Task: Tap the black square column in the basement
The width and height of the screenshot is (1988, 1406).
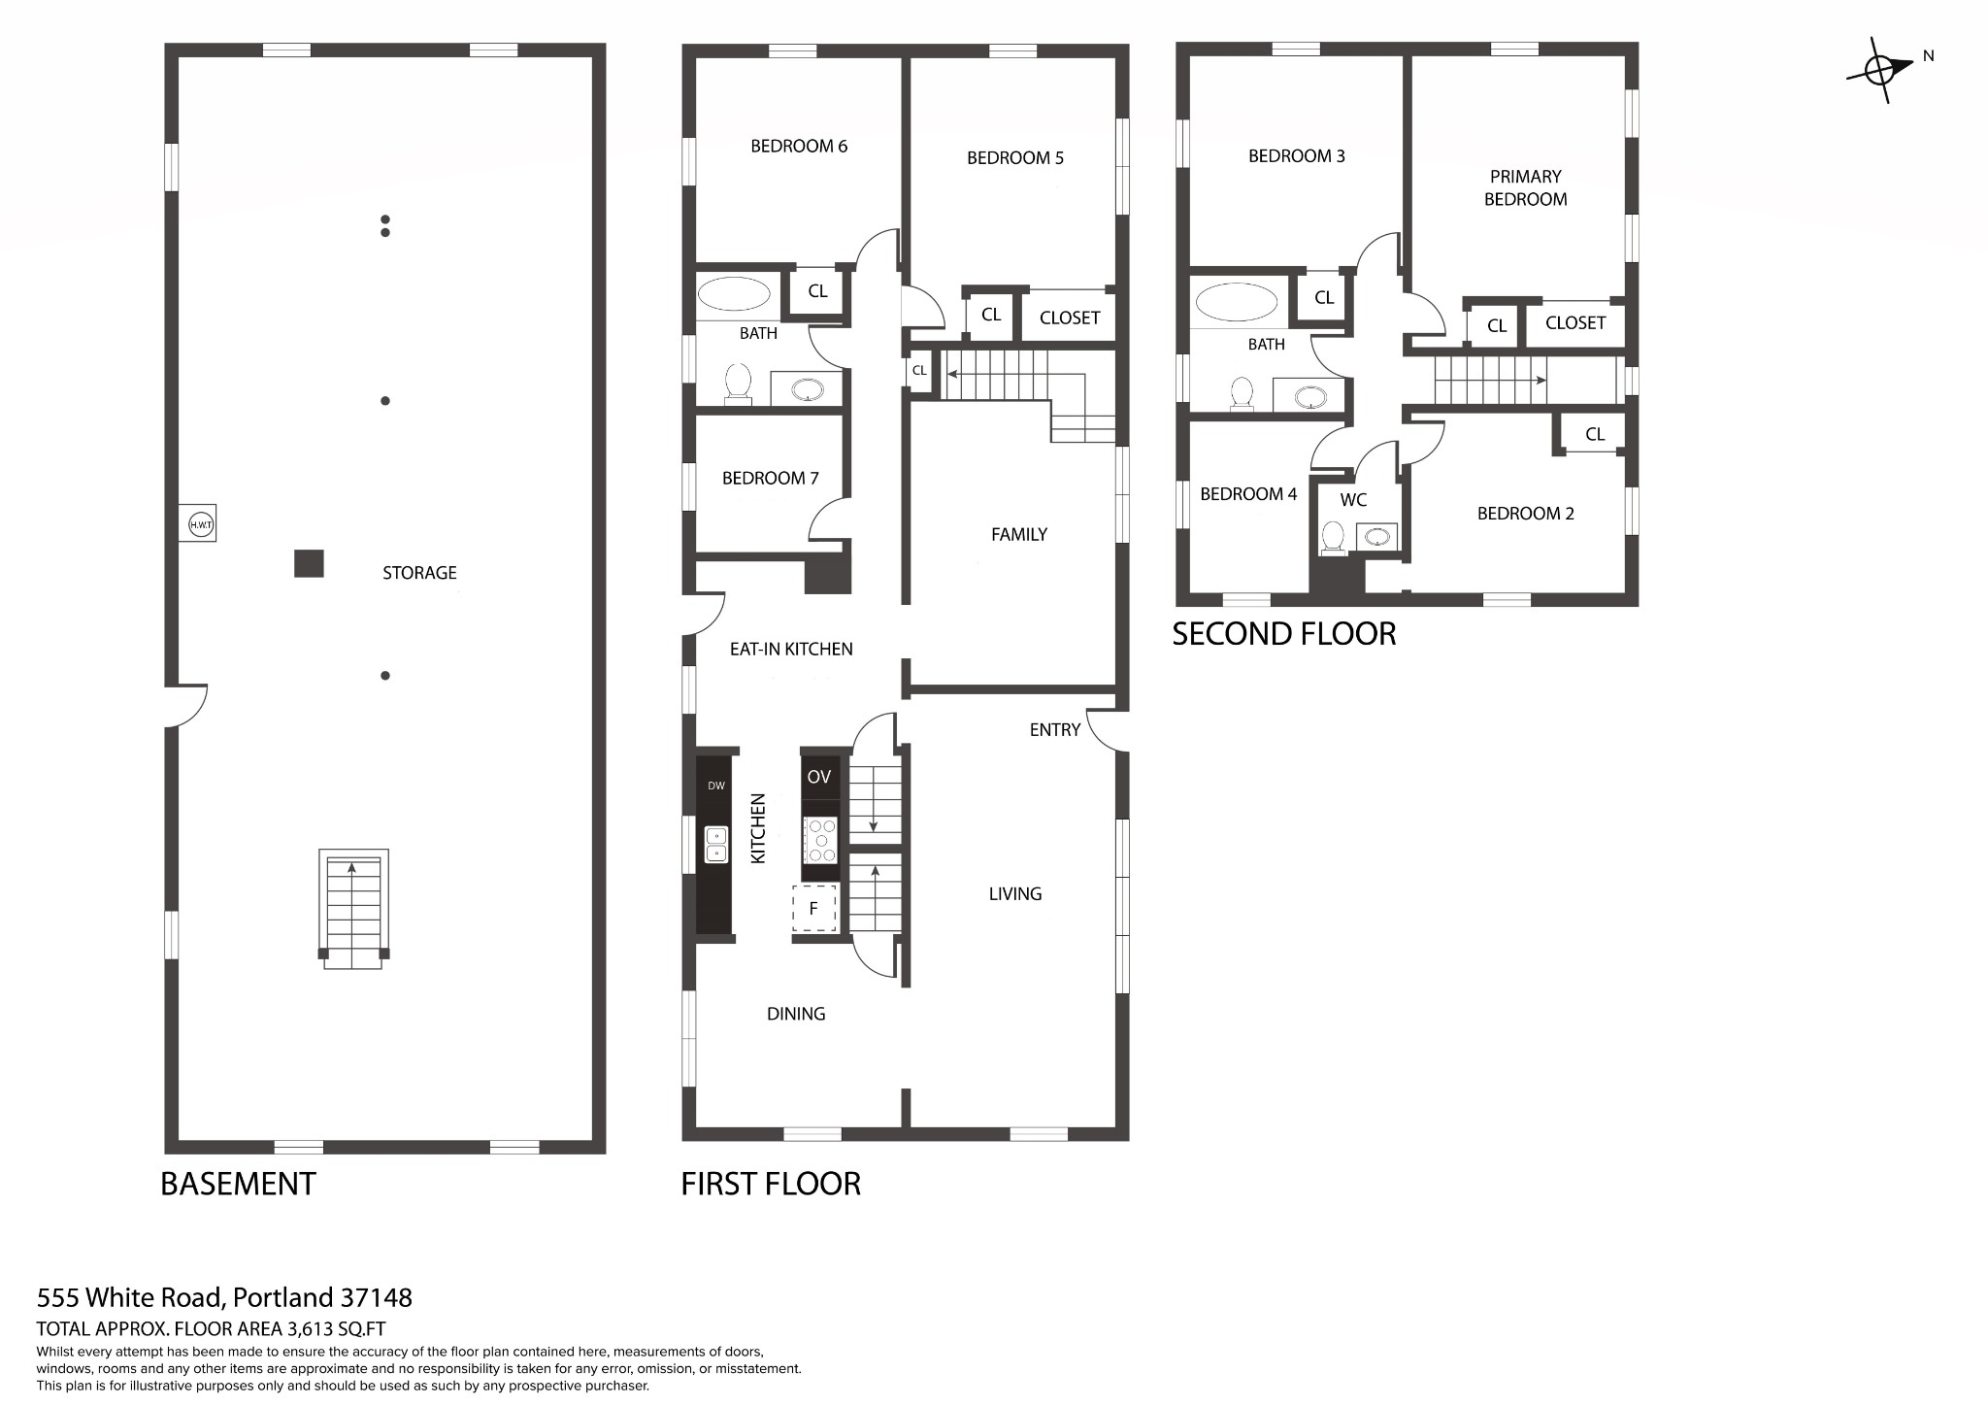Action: pos(309,564)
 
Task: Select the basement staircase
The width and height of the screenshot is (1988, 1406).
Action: pos(353,909)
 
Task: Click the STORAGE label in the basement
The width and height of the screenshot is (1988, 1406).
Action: pos(419,573)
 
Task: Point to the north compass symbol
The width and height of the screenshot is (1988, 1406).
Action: pos(1880,70)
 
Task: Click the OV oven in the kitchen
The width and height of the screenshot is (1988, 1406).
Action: pos(820,777)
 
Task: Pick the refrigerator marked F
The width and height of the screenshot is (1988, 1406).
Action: pos(814,909)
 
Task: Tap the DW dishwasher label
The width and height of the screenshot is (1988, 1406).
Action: pos(716,786)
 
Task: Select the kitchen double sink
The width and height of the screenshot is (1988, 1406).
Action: pos(716,845)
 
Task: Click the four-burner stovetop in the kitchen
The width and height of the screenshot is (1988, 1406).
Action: pos(821,841)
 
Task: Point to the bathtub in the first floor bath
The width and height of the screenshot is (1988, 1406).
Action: pos(734,294)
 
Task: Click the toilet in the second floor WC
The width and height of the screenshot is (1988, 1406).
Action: pos(1334,538)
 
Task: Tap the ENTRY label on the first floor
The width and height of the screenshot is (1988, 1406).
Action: pos(1055,730)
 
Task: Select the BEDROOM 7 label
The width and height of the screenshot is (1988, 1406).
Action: pos(771,478)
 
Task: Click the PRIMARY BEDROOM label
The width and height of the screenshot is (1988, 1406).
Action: pos(1526,187)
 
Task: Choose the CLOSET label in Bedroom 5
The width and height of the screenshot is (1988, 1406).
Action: pos(1070,318)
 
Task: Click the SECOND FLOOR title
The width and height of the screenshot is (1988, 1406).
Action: pos(1284,634)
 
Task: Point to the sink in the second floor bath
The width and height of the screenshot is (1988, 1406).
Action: pos(1310,396)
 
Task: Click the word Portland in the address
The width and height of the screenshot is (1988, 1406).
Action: pos(283,1297)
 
